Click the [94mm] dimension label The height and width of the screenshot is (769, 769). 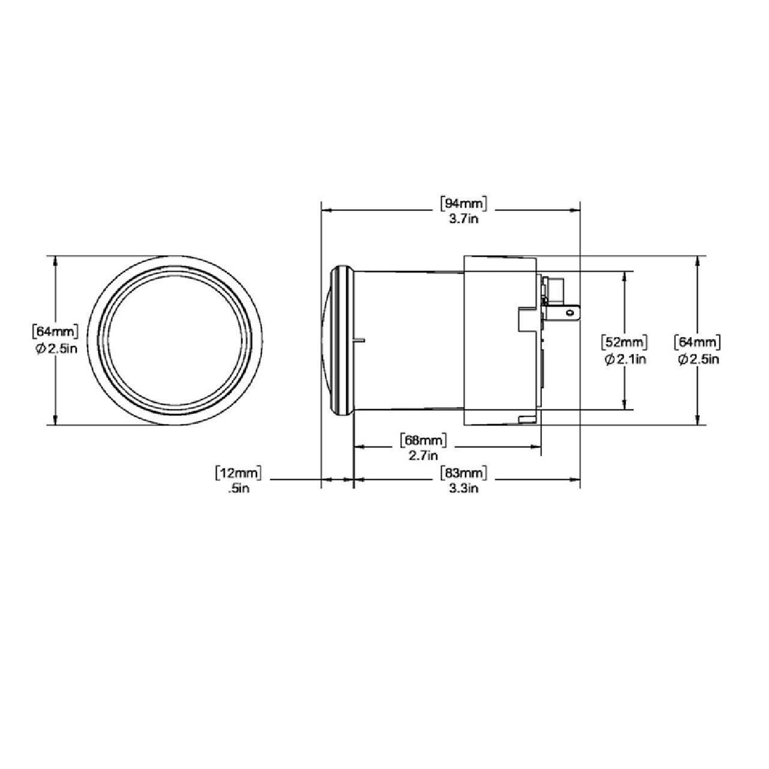click(463, 204)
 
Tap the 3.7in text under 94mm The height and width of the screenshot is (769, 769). click(463, 219)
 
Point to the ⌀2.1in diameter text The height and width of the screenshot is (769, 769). click(625, 359)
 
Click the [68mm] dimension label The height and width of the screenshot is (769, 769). click(424, 440)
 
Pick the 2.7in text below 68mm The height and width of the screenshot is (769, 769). click(424, 455)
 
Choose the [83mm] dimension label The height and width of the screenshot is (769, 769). click(463, 473)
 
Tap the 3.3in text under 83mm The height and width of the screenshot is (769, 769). click(463, 488)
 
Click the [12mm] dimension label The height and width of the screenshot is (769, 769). click(239, 473)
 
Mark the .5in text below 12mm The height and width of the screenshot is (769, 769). click(239, 488)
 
